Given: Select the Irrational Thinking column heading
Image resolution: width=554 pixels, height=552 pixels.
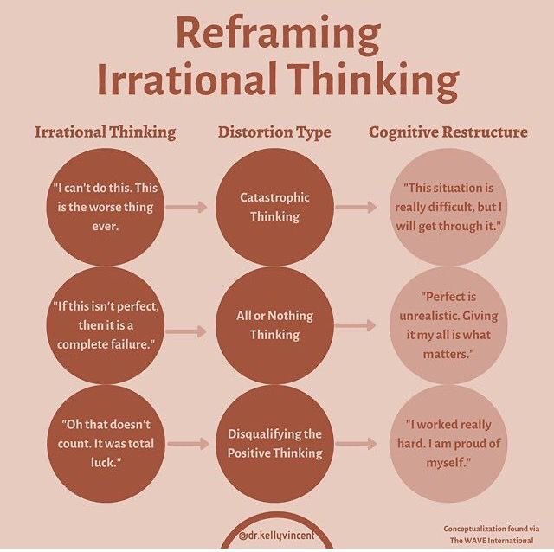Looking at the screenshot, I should point(105,132).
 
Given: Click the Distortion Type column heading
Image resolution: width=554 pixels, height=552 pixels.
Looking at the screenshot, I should point(274,132).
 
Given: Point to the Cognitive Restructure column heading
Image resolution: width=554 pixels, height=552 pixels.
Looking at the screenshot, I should point(448,132).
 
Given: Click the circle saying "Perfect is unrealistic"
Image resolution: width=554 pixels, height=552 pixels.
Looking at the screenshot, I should point(448,324).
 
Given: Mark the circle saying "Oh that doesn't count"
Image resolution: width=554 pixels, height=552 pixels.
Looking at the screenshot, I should point(105,443).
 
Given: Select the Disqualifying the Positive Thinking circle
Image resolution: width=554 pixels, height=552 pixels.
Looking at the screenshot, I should point(274,443).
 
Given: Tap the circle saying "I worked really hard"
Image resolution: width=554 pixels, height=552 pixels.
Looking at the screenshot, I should point(448,443).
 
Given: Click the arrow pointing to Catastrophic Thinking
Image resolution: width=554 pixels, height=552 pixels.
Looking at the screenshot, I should point(187,208).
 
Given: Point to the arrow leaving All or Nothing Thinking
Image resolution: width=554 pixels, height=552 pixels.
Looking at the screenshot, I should point(356,325).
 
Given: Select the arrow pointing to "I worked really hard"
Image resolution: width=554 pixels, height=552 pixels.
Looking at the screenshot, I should point(356,444).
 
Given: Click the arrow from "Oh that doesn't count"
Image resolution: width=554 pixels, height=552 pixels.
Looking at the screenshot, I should point(187,444).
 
